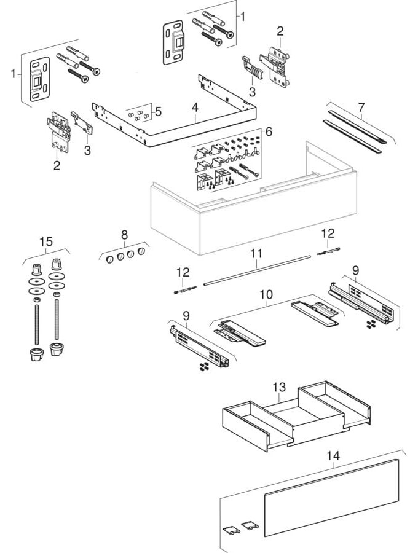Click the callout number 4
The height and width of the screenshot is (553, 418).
click(194, 107)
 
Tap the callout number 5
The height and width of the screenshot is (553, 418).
click(158, 111)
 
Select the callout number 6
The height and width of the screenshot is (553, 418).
click(269, 131)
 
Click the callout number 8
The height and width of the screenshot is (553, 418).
click(124, 234)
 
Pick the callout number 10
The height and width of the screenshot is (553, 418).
click(266, 295)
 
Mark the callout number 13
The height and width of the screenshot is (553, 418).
click(279, 388)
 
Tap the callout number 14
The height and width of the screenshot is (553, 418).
click(333, 457)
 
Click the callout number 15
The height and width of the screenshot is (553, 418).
click(46, 241)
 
